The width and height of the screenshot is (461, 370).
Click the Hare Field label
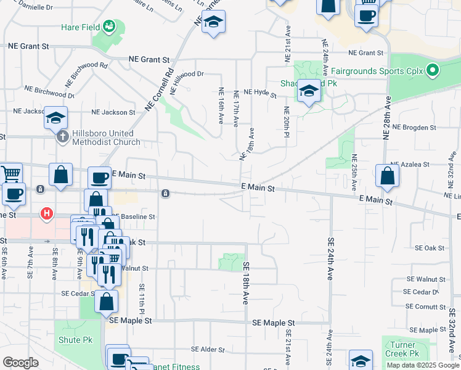81,27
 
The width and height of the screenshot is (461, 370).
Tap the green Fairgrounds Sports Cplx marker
432,70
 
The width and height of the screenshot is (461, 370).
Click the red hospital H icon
46,214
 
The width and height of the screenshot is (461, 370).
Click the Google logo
20,363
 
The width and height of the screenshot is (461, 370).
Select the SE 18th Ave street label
245,282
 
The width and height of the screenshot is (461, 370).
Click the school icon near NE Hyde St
309,92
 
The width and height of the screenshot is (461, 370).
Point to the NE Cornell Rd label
159,89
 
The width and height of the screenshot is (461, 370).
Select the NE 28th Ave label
387,117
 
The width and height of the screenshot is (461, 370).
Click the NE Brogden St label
414,128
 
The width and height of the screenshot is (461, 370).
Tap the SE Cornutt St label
425,306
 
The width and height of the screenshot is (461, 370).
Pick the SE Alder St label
208,350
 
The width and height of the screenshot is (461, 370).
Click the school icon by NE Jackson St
55,117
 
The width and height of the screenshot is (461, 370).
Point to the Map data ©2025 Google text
422,365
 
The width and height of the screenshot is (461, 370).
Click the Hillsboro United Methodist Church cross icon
62,137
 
